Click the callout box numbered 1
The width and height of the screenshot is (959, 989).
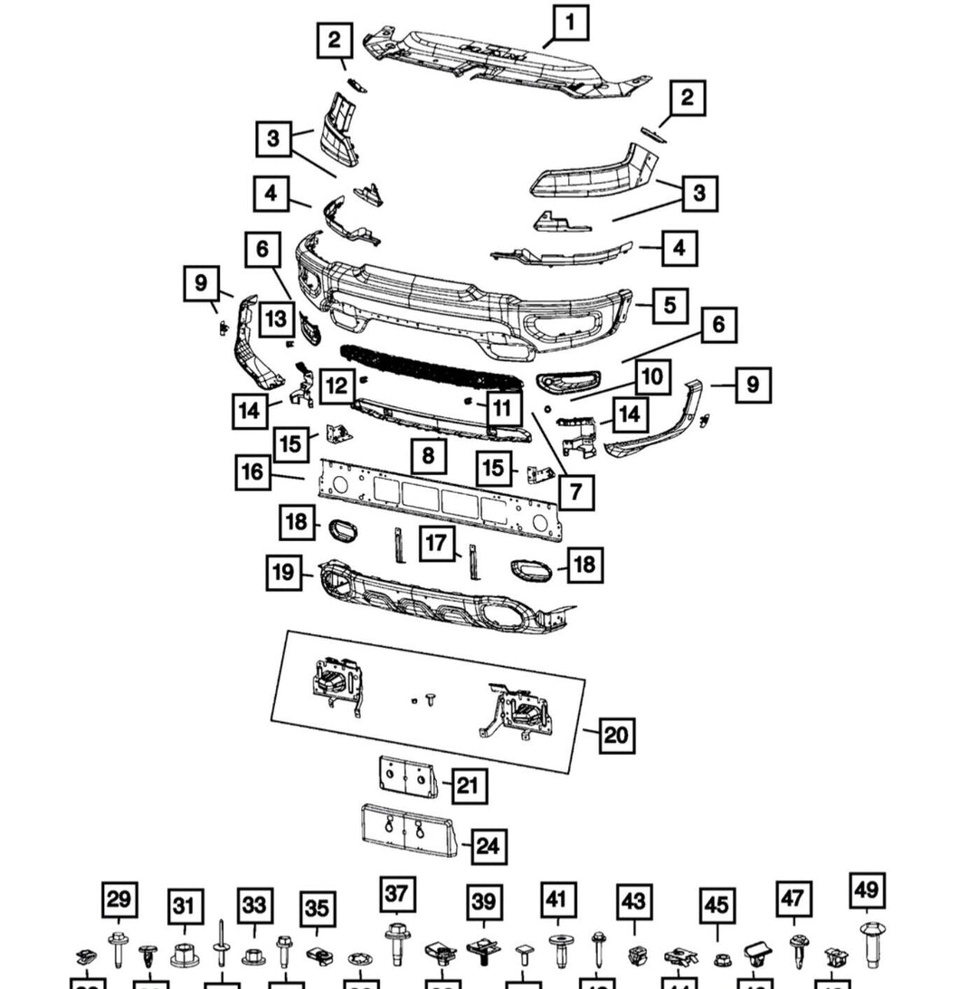(570, 23)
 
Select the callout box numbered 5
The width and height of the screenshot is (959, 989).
(669, 305)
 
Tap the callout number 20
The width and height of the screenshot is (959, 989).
(615, 734)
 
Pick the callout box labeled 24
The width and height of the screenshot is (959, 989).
(487, 846)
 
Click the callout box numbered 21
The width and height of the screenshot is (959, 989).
(466, 785)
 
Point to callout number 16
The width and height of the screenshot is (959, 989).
(252, 471)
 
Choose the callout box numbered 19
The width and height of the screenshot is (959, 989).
(284, 572)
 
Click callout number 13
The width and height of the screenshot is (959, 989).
(276, 319)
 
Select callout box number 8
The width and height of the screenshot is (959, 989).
(428, 455)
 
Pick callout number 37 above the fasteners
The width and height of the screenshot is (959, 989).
(396, 894)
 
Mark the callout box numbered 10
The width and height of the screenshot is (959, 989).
(652, 376)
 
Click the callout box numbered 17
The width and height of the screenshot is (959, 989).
(437, 544)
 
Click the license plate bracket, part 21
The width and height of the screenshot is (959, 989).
(406, 777)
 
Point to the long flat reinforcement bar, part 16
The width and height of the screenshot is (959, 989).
(439, 497)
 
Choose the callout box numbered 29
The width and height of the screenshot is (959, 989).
(119, 899)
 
